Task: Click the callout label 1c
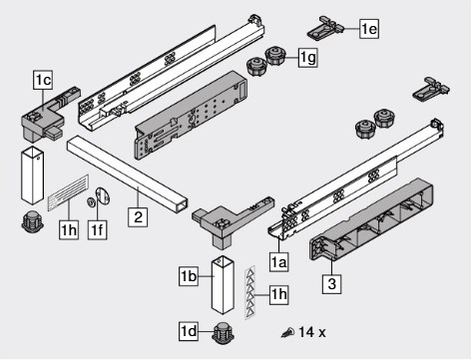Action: coord(43,80)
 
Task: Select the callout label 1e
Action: coord(369,29)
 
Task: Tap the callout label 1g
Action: coord(307,58)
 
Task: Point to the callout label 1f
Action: coord(98,229)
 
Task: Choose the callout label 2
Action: coord(138,217)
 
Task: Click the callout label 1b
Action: coord(189,276)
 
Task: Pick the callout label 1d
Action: coord(189,331)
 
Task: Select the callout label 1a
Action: coord(278,262)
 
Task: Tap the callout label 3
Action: coord(331,284)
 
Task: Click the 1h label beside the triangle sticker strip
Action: coord(278,294)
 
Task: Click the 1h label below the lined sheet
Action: coord(69,229)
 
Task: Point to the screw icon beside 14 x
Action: coord(288,332)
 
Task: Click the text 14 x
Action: coord(312,332)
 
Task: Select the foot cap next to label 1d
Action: coord(224,333)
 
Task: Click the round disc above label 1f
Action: coord(103,197)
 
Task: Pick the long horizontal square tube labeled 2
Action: coord(127,174)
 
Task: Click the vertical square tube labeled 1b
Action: coord(223,285)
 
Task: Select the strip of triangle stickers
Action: coord(250,292)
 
